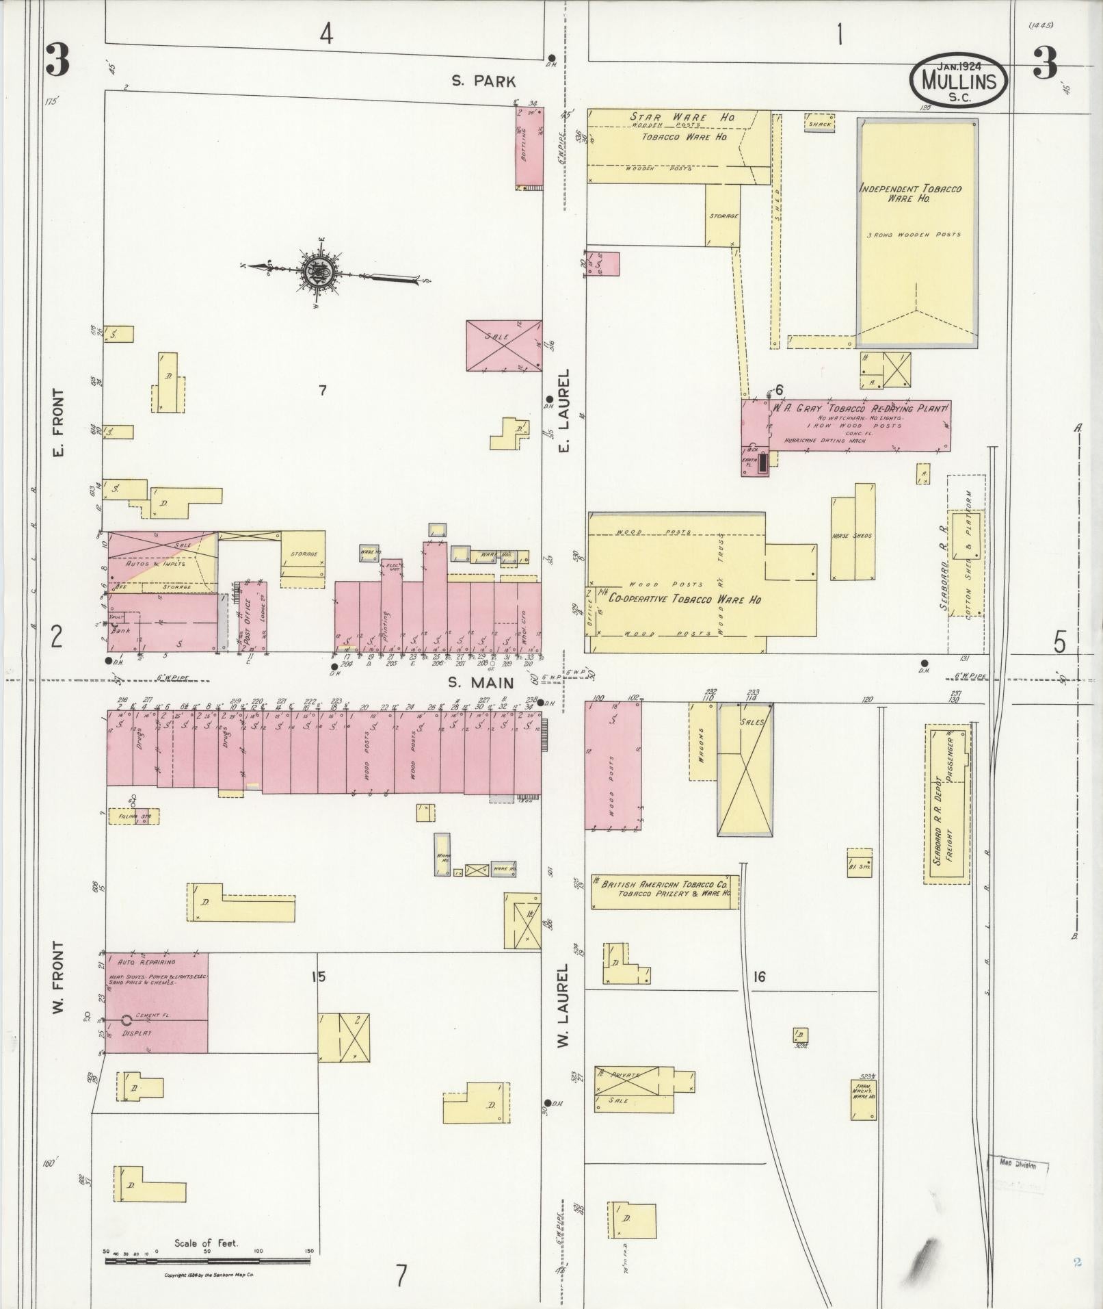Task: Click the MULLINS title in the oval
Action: [957, 81]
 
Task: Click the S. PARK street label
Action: [483, 81]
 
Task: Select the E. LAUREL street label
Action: [564, 411]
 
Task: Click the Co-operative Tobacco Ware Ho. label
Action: [680, 599]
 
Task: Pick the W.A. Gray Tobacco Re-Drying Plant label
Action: [859, 409]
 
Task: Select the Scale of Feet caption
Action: [206, 1243]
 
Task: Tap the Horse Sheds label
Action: [853, 535]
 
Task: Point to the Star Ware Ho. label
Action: [681, 117]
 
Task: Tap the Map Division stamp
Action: [1018, 1165]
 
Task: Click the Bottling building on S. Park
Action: [529, 147]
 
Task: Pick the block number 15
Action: [318, 976]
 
